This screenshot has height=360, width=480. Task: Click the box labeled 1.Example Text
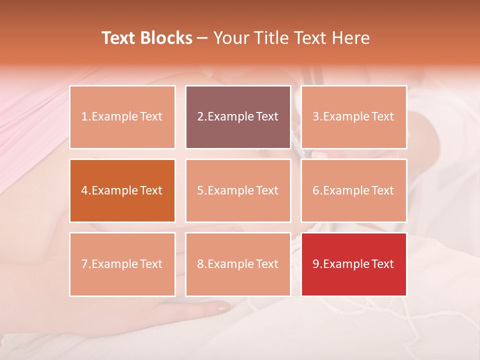point(122,117)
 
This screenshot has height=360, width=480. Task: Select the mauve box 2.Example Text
point(238,117)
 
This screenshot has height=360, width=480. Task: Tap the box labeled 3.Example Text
point(353,117)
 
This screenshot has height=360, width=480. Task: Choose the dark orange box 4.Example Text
point(122,190)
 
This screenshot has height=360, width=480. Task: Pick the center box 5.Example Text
point(238,190)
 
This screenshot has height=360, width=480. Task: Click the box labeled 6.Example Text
point(353,190)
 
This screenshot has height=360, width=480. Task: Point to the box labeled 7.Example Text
point(122,264)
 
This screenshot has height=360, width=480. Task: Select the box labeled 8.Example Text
point(238,264)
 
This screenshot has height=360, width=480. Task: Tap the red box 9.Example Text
point(353,264)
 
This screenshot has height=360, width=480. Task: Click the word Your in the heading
point(229,38)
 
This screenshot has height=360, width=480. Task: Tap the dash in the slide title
point(202,38)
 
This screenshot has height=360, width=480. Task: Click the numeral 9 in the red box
point(316,264)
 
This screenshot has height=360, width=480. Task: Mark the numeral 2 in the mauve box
point(200,117)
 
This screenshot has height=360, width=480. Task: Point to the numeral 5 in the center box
point(200,190)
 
